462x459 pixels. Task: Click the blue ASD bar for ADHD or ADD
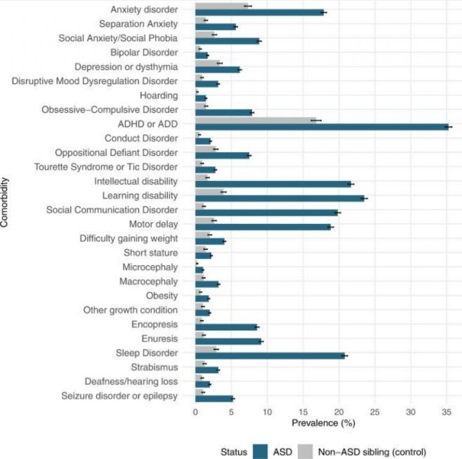tap(322, 127)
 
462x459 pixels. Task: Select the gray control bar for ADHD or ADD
tap(256, 120)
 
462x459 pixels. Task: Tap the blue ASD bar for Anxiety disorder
tap(260, 13)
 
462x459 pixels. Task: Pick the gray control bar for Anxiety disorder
tap(221, 6)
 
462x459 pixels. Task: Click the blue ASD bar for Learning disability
tap(280, 199)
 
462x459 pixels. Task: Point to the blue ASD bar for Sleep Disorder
tap(270, 356)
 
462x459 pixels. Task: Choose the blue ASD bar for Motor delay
tap(263, 227)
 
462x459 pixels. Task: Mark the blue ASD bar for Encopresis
tap(226, 327)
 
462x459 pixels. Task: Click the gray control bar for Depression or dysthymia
tap(208, 63)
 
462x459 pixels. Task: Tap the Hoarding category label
tap(159, 96)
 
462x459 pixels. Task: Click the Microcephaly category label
tap(150, 267)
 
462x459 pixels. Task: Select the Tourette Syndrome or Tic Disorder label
tap(106, 167)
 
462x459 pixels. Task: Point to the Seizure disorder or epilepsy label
tap(120, 396)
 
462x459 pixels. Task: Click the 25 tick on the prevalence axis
tap(375, 412)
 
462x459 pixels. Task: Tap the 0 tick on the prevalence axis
tap(196, 412)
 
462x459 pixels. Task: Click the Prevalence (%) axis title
tap(324, 423)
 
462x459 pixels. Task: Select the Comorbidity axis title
tap(4, 202)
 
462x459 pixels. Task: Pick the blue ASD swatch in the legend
tap(260, 452)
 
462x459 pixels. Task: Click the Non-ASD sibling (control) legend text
tap(372, 452)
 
